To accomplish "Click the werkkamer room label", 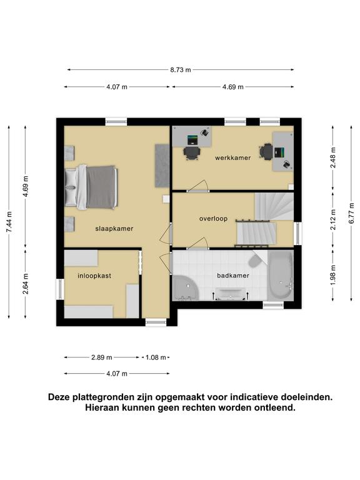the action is click(232, 158).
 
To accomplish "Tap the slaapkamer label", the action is click(114, 229).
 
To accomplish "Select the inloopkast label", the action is click(94, 276).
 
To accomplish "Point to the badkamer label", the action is click(233, 276).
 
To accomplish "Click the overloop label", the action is click(213, 219).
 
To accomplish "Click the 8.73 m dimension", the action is click(181, 70).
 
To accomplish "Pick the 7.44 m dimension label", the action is click(9, 222).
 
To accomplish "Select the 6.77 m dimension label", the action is click(351, 213).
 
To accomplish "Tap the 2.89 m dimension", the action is click(102, 357).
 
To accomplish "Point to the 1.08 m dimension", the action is click(156, 357).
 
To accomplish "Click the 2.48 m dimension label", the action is click(333, 157).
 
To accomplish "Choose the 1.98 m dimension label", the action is click(333, 274).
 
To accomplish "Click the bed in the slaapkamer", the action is click(91, 187).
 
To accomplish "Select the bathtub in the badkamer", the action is click(281, 276).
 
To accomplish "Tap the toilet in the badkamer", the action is click(255, 259).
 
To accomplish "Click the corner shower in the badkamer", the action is click(186, 288).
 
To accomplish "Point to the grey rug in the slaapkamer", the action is click(162, 166).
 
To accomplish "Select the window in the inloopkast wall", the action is click(60, 289).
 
